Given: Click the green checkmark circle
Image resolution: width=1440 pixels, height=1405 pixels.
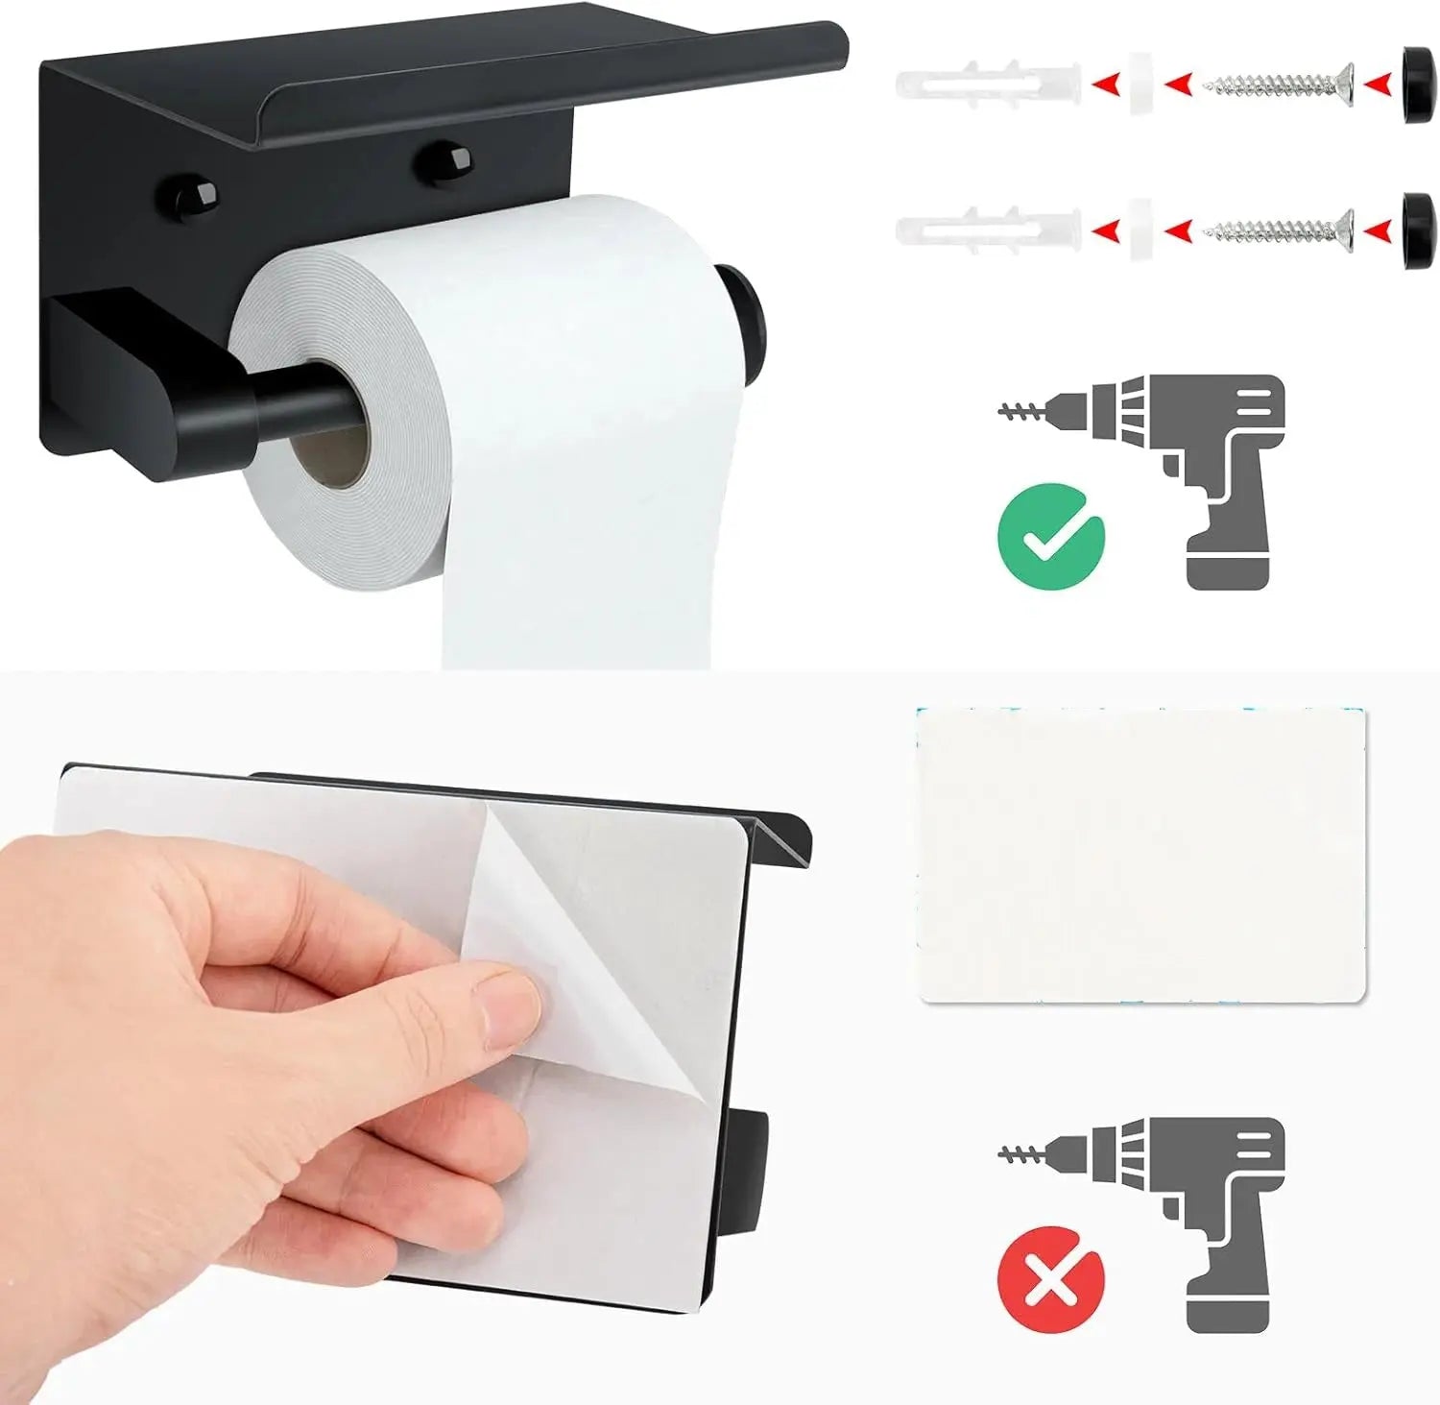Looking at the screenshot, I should point(1051,536).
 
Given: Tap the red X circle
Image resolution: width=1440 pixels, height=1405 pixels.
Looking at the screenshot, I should point(1051,1279).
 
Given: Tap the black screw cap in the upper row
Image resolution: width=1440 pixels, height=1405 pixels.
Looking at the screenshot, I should point(1416,85).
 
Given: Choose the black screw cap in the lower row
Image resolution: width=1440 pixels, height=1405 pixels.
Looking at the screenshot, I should point(1416,230).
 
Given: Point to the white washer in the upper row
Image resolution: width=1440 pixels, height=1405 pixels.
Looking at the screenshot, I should point(1140,85).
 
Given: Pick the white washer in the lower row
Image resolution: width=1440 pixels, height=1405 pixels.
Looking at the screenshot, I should point(1140,230).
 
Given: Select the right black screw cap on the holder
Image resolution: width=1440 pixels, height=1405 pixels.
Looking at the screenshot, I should point(444,161).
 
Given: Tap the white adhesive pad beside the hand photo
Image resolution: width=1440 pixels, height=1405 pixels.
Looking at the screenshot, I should point(1140,855).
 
